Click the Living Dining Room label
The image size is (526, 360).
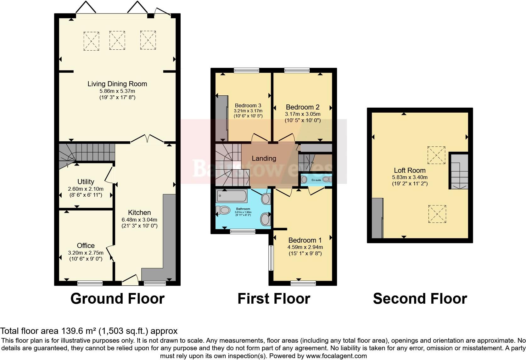(x=117, y=84)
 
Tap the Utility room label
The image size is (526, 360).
(x=86, y=182)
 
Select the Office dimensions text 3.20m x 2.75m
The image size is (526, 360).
(x=86, y=252)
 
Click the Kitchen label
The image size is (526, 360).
(x=139, y=212)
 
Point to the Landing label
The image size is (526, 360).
(x=264, y=158)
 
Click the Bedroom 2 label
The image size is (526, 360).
(x=302, y=107)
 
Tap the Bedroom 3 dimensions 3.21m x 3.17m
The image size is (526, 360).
(x=248, y=111)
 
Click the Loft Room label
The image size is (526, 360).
(x=410, y=170)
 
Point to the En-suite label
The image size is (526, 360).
(x=316, y=180)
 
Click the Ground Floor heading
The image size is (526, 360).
(x=117, y=298)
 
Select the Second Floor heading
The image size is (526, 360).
(x=420, y=298)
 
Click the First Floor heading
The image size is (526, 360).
(x=274, y=298)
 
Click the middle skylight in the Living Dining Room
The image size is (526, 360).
(x=117, y=40)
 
